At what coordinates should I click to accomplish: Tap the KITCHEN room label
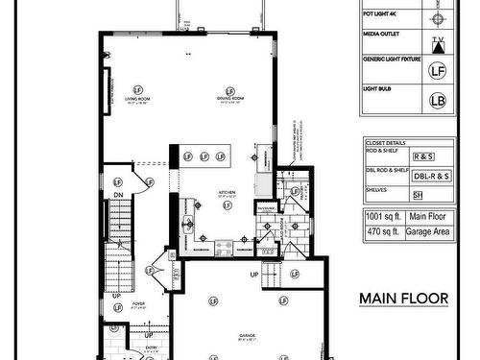coord(227,193)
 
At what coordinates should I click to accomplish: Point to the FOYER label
coord(139,303)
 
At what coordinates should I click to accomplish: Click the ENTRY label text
coord(151,348)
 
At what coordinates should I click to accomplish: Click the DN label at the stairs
coord(119,195)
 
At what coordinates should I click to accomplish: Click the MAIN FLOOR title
coord(404,298)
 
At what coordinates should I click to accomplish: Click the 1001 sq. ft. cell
coord(382,217)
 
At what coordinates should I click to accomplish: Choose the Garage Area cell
coord(427,231)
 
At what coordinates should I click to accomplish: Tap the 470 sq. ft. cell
coord(382,231)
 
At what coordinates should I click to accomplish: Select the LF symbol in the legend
coord(437,69)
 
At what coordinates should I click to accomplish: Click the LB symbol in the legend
coord(437,99)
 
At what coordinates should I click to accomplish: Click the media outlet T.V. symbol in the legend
coord(438,43)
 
